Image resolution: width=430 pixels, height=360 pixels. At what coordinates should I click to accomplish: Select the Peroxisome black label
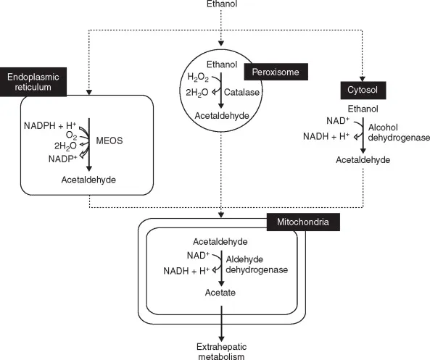(x=276, y=71)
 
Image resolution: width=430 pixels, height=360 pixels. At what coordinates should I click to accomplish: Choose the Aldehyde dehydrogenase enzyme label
(x=263, y=264)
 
